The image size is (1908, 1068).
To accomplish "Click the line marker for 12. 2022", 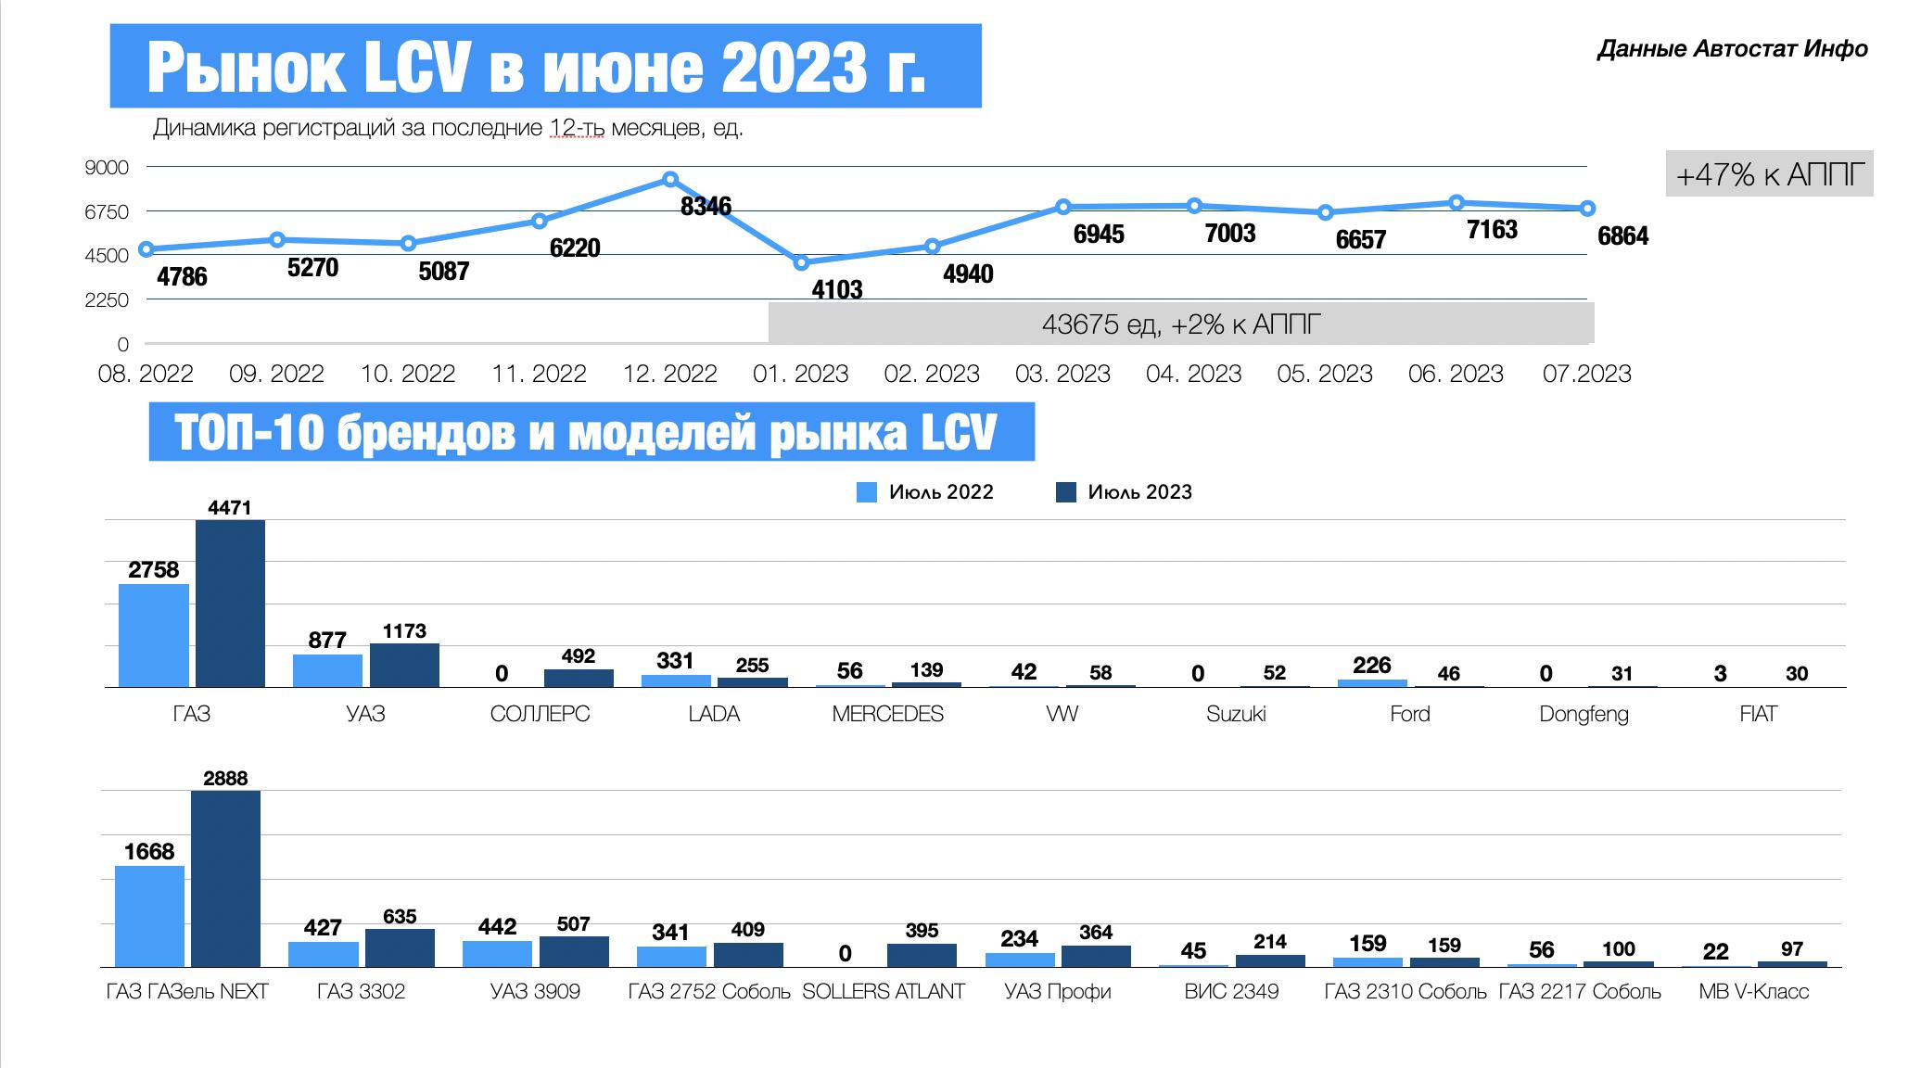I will [670, 179].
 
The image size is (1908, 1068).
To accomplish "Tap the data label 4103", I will [836, 290].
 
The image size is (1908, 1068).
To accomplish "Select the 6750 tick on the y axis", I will [107, 211].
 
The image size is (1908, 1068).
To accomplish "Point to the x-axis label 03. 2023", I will [1062, 374].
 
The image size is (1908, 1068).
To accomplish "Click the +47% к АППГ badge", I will [1769, 174].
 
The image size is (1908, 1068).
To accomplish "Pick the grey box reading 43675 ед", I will [1180, 324].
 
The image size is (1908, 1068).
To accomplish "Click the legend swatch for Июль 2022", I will [867, 492].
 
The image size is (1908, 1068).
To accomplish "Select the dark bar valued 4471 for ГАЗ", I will [230, 604].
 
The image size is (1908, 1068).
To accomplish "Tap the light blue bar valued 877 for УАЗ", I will [327, 670].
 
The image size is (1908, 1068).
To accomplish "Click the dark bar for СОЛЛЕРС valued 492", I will [579, 678].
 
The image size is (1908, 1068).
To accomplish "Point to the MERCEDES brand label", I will [887, 714].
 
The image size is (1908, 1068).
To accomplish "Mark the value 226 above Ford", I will [1371, 665].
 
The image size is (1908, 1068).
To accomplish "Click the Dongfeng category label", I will [1584, 714].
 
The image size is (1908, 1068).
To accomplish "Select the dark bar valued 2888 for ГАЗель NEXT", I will [225, 878].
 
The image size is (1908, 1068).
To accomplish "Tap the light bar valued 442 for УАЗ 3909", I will [497, 954].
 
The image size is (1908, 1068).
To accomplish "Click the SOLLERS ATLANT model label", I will [883, 992].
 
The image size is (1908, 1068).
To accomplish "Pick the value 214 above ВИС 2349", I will [1269, 942].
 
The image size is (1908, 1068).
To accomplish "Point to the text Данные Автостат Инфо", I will [1732, 49].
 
